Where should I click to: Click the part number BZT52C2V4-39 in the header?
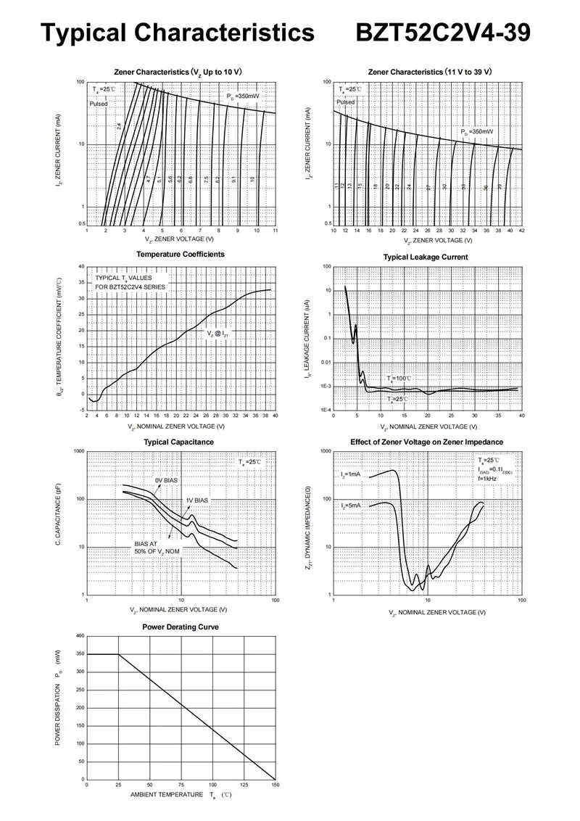point(444,33)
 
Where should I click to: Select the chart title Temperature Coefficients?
point(181,254)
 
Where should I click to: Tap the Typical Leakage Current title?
point(426,257)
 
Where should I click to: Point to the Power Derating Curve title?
point(181,627)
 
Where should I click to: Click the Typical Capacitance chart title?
point(178,442)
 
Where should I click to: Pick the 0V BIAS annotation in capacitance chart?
point(167,481)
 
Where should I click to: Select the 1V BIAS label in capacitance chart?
point(196,500)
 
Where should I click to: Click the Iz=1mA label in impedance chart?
point(351,474)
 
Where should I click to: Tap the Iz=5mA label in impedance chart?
point(351,506)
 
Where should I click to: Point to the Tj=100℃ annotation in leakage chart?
point(399,379)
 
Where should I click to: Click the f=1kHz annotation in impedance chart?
point(488,479)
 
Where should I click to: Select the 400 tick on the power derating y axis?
point(80,636)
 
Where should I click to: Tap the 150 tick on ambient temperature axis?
point(275,785)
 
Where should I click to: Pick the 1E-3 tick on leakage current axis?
point(326,387)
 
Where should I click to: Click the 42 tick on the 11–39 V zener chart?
point(522,231)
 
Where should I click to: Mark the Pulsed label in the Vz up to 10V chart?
point(99,104)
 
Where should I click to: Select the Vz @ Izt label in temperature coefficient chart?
point(217,334)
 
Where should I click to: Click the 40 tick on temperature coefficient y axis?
point(81,266)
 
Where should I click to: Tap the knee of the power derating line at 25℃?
point(118,655)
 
